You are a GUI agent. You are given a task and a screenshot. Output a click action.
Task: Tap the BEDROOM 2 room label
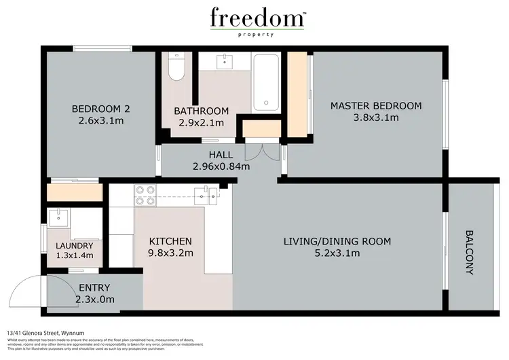click(100, 109)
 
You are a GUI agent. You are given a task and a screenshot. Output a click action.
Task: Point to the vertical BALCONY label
click(470, 251)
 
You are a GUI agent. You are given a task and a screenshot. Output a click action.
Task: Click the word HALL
click(221, 154)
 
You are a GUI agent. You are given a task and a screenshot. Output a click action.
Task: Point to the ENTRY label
click(94, 288)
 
